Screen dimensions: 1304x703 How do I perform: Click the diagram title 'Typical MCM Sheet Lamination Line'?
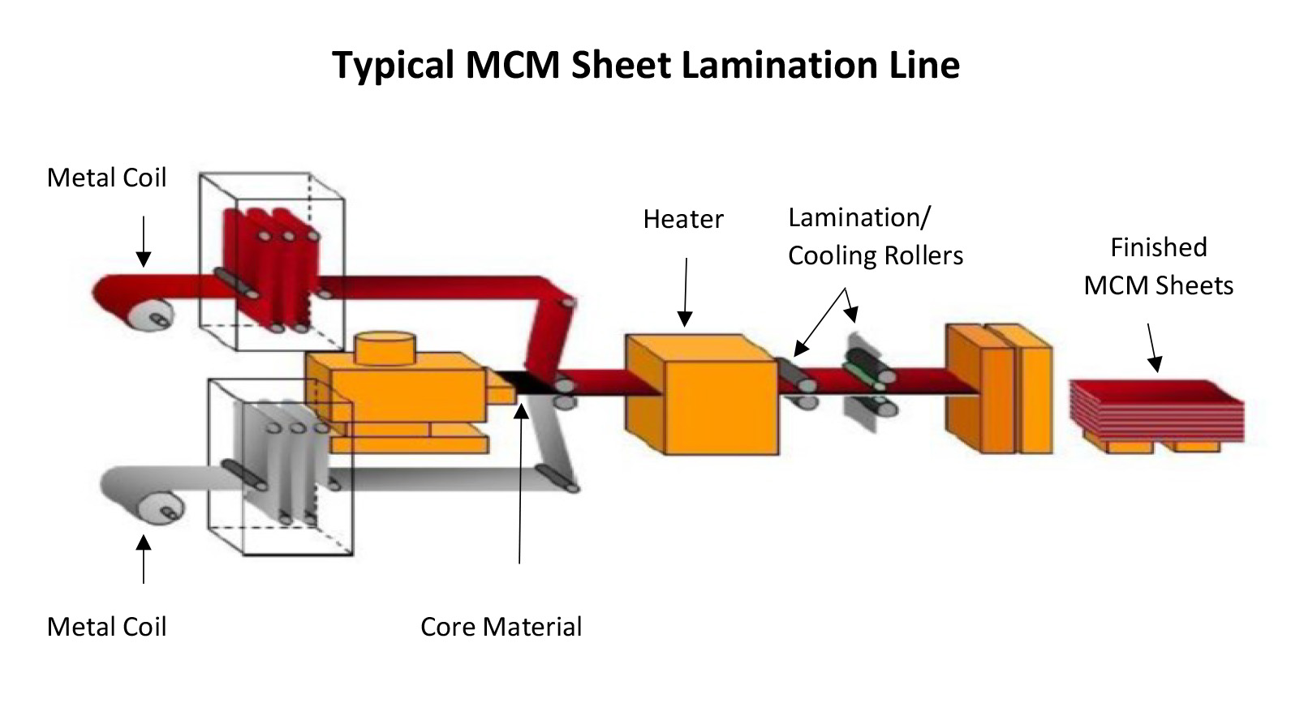[x=646, y=65]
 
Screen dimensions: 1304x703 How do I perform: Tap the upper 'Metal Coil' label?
[x=106, y=178]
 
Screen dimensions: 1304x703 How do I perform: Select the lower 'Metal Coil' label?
[x=106, y=626]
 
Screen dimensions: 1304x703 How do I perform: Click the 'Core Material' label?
[x=501, y=626]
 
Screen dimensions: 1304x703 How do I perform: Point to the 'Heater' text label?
[x=683, y=219]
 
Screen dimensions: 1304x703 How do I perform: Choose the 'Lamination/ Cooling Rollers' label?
[x=876, y=237]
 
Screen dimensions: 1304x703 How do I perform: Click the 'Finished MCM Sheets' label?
[x=1159, y=266]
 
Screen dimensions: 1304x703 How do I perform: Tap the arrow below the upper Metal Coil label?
[x=143, y=242]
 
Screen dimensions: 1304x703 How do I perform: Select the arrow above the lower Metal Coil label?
[x=143, y=559]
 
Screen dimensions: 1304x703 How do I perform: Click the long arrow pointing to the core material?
[x=521, y=482]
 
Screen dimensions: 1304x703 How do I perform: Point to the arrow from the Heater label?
[x=686, y=293]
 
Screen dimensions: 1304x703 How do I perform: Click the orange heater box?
[x=701, y=393]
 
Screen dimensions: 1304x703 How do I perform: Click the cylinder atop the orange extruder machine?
[x=385, y=348]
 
